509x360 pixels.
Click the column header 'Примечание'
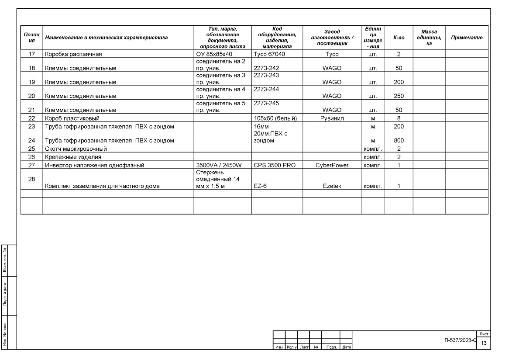pyautogui.click(x=467, y=38)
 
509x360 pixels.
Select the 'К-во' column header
pyautogui.click(x=399, y=38)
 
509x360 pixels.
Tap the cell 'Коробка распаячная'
pyautogui.click(x=73, y=54)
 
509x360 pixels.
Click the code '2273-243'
pyautogui.click(x=266, y=75)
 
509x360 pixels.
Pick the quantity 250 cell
pyautogui.click(x=399, y=96)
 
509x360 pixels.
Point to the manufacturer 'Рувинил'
pyautogui.click(x=332, y=118)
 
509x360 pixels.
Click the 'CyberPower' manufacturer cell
pyautogui.click(x=332, y=165)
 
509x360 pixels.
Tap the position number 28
pyautogui.click(x=31, y=179)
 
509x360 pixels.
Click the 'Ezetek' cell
pyautogui.click(x=332, y=186)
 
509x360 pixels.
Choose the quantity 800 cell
pyautogui.click(x=399, y=141)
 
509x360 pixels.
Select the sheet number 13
pyautogui.click(x=484, y=343)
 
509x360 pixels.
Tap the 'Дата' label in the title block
pyautogui.click(x=347, y=347)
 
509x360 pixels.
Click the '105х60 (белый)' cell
pyautogui.click(x=275, y=118)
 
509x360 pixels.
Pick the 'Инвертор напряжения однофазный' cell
pyautogui.click(x=94, y=165)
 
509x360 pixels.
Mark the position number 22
pyautogui.click(x=31, y=118)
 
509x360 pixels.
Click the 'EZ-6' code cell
pyautogui.click(x=261, y=186)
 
